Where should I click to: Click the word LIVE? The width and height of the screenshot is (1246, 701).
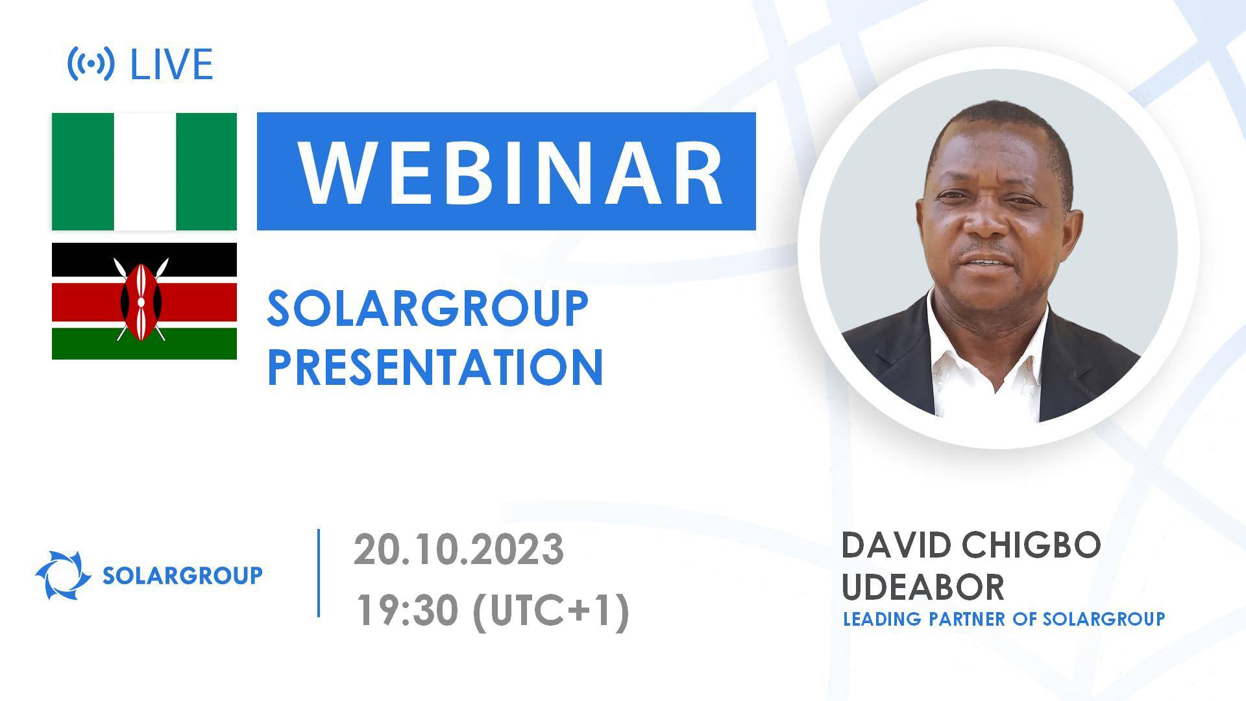(x=172, y=64)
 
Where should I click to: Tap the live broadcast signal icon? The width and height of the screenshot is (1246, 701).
(x=91, y=64)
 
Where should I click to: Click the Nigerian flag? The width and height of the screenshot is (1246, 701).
(x=144, y=171)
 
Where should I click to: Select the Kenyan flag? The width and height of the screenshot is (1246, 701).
(x=144, y=301)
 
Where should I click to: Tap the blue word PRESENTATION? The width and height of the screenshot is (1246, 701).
(x=435, y=367)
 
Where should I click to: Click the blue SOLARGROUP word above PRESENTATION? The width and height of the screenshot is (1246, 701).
(x=428, y=309)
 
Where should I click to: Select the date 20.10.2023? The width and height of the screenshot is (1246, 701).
(x=459, y=550)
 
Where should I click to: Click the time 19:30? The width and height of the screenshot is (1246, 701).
(x=407, y=611)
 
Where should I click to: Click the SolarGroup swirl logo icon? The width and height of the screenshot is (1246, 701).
(x=63, y=575)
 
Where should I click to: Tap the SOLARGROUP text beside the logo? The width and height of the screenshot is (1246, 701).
(x=183, y=575)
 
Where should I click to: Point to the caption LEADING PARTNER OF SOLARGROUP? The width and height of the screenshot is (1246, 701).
(x=1004, y=619)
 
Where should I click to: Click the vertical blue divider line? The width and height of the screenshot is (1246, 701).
(x=319, y=572)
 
